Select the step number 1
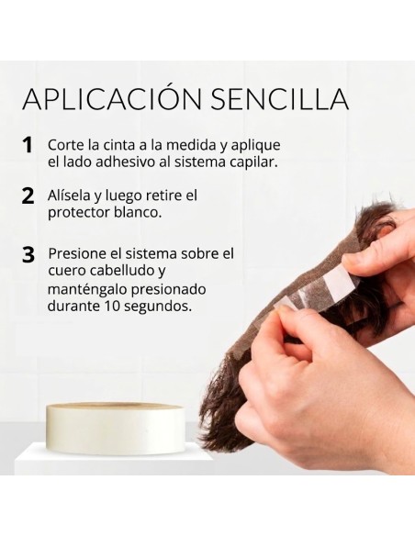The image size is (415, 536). pyautogui.click(x=28, y=145)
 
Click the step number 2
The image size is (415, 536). pyautogui.click(x=28, y=196)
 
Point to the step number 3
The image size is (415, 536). pyautogui.click(x=28, y=255)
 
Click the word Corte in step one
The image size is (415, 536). pyautogui.click(x=65, y=145)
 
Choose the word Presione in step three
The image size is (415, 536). pyautogui.click(x=78, y=254)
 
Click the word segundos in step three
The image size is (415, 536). pyautogui.click(x=157, y=307)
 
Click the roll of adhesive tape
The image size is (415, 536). pyautogui.click(x=117, y=425)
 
